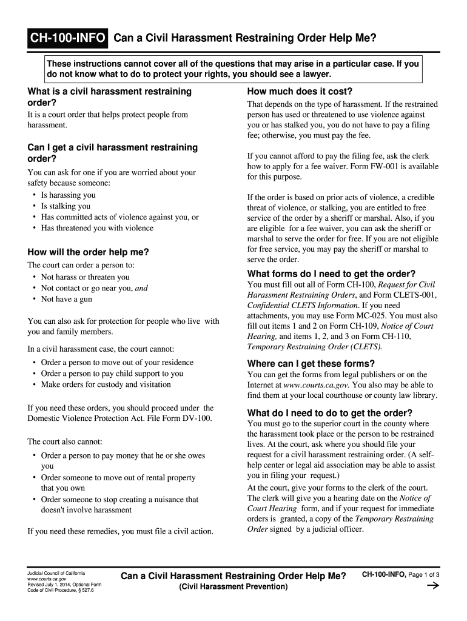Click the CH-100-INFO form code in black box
(69, 39)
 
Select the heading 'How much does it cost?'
(300, 92)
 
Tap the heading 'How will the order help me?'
(88, 252)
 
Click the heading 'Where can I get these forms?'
(311, 363)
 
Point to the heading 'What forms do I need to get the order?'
(331, 274)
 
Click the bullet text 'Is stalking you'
(66, 206)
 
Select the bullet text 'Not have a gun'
(67, 299)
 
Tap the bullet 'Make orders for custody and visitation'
(106, 384)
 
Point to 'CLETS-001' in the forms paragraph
(414, 295)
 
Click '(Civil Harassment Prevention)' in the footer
(233, 587)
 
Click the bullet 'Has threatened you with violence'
(97, 228)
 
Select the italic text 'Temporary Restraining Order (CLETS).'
(314, 347)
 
